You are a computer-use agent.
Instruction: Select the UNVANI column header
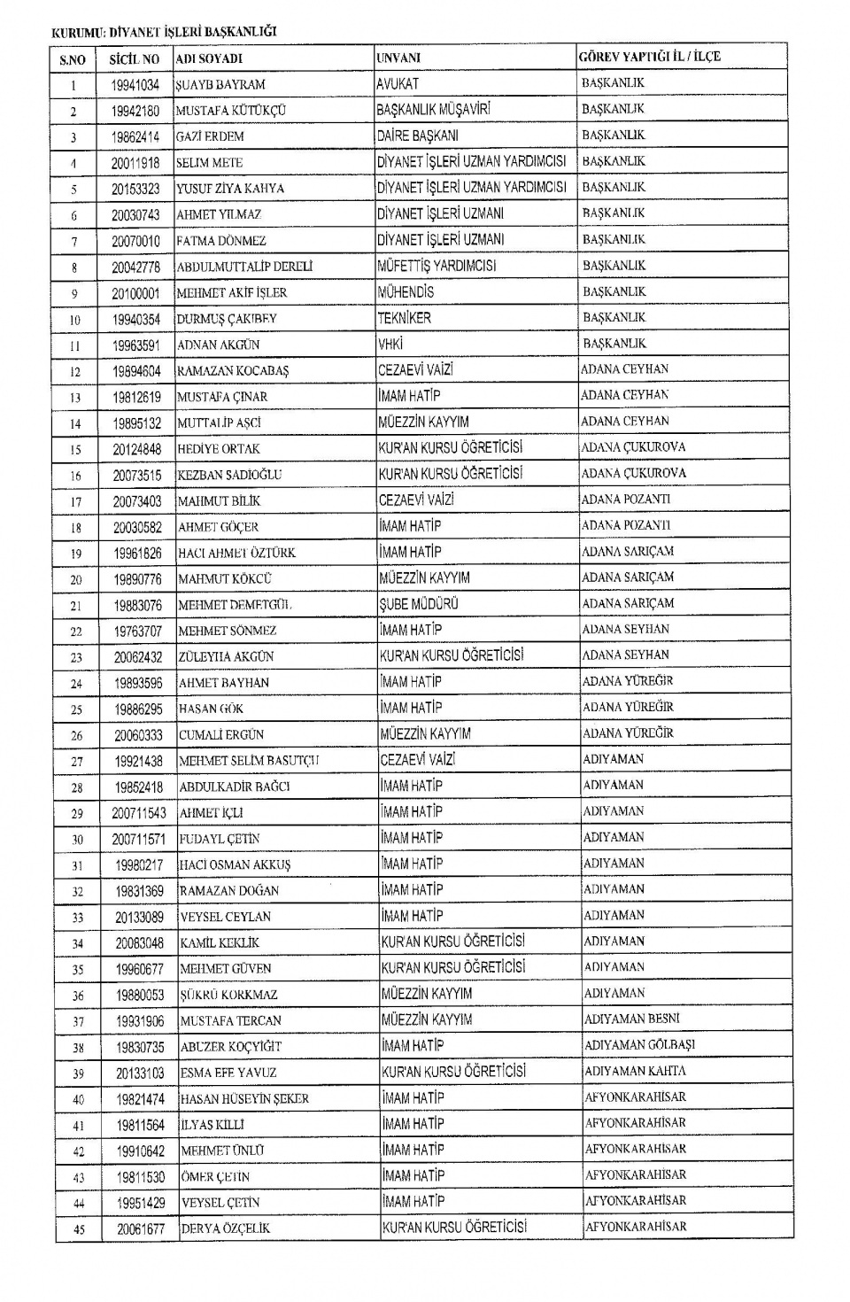coord(398,58)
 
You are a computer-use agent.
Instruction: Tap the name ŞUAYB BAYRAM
coord(220,85)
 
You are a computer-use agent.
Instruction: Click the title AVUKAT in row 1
coord(398,84)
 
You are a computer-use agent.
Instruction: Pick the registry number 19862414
coord(135,136)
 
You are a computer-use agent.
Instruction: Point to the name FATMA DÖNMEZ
coord(221,241)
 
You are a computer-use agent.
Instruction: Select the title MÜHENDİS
coord(406,292)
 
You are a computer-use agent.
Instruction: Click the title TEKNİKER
coord(405,318)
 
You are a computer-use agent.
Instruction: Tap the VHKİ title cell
coord(390,345)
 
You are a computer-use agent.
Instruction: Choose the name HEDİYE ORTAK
coord(219,449)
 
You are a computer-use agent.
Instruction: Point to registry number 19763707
coord(137,631)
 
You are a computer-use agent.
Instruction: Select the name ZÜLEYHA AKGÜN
coord(227,656)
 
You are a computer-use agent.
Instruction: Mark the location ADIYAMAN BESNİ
coord(631,1019)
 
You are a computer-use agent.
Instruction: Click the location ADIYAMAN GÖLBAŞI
coord(639,1045)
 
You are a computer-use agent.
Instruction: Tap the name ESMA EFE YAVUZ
coord(228,1073)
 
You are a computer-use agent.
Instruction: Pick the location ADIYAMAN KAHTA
coord(635,1071)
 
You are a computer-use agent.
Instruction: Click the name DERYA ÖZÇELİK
coord(225,1228)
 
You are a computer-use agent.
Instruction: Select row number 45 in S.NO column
coord(79,1228)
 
